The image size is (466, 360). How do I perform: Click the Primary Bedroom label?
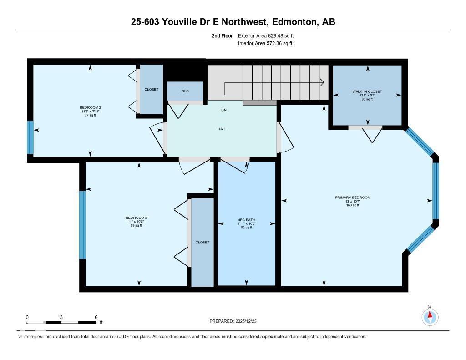[x=353, y=198]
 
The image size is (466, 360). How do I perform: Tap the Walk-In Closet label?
[x=367, y=91]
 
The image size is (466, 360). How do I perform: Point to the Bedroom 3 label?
[x=136, y=218]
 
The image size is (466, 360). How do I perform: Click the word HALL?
[x=222, y=129]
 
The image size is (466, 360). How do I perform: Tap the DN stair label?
[x=224, y=110]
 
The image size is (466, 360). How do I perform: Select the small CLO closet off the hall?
[x=185, y=91]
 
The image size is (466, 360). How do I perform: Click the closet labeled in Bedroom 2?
[x=151, y=90]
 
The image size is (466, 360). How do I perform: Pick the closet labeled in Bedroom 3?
[x=202, y=242]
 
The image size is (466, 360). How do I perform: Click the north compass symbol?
[x=429, y=316]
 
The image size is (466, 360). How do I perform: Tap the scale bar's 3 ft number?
[x=61, y=317]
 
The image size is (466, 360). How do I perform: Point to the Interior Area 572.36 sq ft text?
[x=265, y=44]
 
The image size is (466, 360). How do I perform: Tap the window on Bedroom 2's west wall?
[x=30, y=137]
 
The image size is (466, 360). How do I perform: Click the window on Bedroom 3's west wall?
[x=82, y=225]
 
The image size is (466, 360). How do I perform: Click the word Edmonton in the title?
[x=294, y=21]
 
